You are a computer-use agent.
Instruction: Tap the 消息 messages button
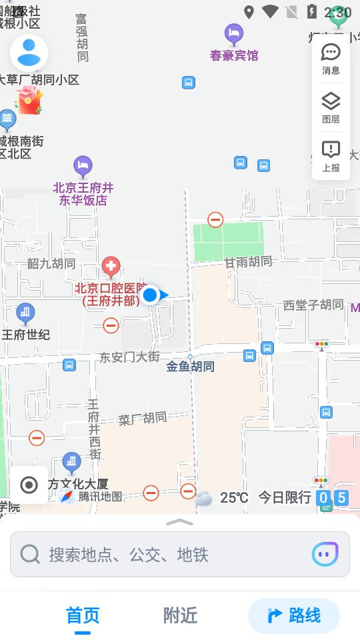331,59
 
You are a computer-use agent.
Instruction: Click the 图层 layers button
331,107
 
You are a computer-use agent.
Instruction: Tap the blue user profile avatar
29,53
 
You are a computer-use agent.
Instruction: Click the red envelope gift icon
29,101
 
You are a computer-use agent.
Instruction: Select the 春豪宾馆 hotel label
234,55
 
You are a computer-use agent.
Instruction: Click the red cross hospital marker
111,268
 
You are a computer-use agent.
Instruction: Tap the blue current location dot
150,295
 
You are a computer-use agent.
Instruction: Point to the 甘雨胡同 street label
248,261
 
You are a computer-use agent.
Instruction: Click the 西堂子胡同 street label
313,305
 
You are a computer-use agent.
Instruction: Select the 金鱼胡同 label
191,366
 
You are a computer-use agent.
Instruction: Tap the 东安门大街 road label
129,357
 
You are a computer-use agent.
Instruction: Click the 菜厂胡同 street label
143,419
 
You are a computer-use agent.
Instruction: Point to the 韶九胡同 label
51,263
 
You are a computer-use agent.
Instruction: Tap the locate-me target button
29,485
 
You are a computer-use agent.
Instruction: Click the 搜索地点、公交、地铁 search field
160,554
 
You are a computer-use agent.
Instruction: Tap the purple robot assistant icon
325,554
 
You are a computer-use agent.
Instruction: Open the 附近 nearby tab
180,615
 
